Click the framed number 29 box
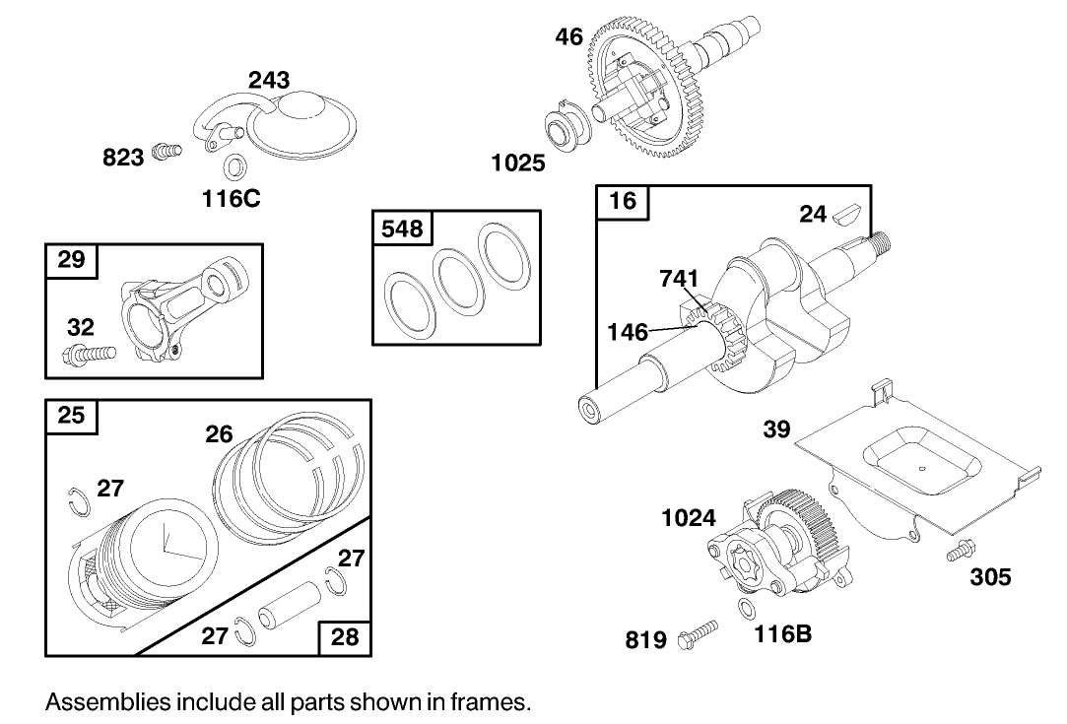pyautogui.click(x=71, y=260)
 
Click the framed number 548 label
pyautogui.click(x=401, y=229)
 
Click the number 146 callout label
pyautogui.click(x=628, y=332)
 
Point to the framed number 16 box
pyautogui.click(x=623, y=203)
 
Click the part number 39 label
pyautogui.click(x=777, y=430)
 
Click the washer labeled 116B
pyautogui.click(x=748, y=607)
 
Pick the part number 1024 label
pyautogui.click(x=689, y=517)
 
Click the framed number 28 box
pyautogui.click(x=345, y=636)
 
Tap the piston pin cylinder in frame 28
pyautogui.click(x=291, y=609)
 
